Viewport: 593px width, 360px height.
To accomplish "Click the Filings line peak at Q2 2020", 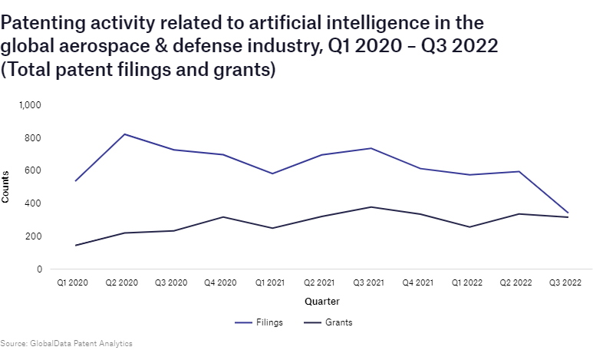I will tap(124, 134).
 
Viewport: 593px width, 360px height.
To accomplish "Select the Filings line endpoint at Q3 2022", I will tap(568, 213).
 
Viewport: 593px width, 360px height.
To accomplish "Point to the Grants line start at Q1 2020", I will tap(74, 246).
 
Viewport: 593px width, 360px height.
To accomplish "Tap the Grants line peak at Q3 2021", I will tap(371, 206).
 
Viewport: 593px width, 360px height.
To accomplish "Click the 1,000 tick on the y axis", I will tap(30, 104).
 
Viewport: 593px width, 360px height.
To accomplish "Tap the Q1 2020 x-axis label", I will tap(74, 283).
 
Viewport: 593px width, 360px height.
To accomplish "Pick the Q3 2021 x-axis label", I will tap(371, 283).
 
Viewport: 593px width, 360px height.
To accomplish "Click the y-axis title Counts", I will tap(6, 187).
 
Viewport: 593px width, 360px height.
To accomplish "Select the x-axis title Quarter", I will tap(321, 302).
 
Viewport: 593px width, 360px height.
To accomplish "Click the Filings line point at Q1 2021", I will tap(272, 173).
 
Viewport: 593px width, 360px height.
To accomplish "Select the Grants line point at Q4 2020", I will tap(222, 217).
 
